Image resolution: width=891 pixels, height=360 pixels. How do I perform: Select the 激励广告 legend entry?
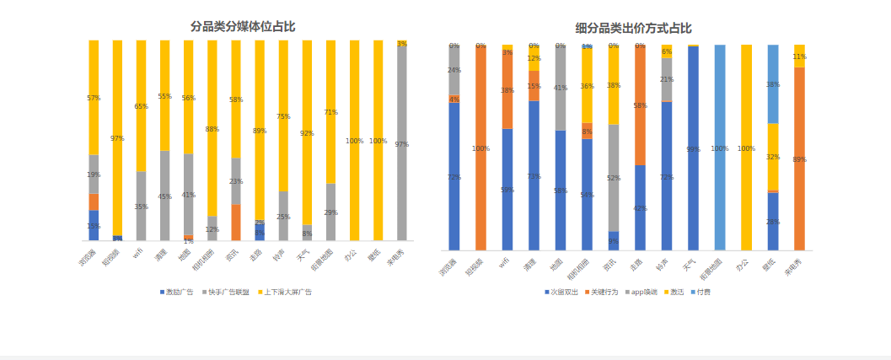[177, 292]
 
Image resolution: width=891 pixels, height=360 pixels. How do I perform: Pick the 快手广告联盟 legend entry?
[228, 292]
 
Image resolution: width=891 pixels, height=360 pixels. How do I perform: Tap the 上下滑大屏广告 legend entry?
[287, 292]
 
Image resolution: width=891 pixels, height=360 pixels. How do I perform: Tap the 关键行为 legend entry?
[603, 292]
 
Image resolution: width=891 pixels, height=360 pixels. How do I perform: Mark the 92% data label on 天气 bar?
[307, 133]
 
